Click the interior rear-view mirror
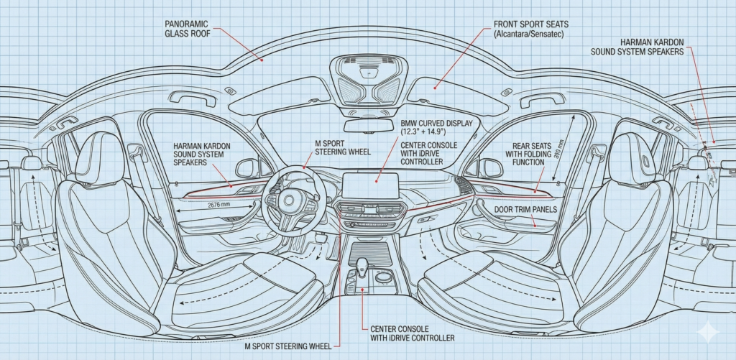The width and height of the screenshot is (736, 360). pos(368,126)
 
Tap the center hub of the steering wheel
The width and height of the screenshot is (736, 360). pos(292,202)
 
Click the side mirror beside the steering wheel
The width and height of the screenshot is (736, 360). pos(247,168)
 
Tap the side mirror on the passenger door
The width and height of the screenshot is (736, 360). pos(491,167)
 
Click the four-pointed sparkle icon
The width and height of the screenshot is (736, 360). pos(709,331)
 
